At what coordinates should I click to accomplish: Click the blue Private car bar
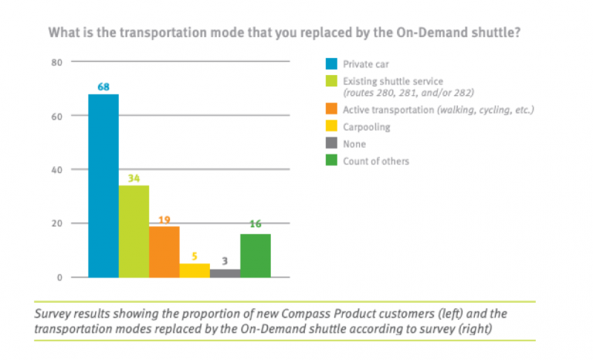[103, 185]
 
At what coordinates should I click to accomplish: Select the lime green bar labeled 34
[134, 231]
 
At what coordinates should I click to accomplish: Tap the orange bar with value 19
[164, 251]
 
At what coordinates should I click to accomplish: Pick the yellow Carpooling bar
[194, 270]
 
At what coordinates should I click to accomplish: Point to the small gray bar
[224, 273]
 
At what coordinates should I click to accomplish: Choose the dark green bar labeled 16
[255, 255]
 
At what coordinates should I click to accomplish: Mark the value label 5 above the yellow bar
[194, 256]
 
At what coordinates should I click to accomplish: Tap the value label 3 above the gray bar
[224, 261]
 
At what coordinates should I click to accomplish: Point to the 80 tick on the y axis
[56, 62]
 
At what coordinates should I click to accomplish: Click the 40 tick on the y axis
[56, 170]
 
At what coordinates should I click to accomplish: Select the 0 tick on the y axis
[59, 277]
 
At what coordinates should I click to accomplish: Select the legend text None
[354, 144]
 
